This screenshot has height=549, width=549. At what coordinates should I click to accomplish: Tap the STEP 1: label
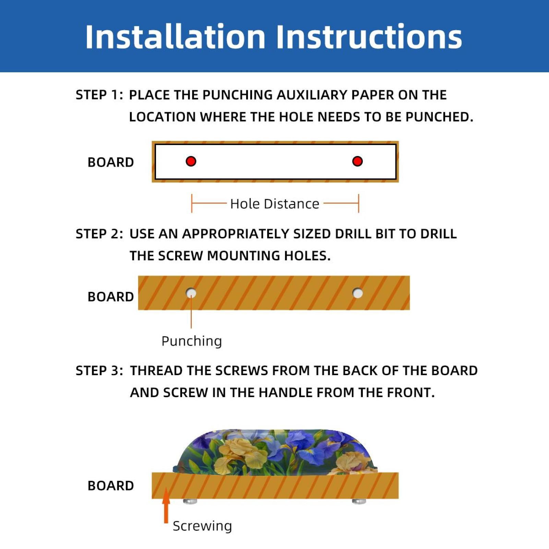99,95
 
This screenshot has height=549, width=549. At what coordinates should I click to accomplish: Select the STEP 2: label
99,234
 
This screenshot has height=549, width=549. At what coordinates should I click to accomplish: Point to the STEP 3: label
99,371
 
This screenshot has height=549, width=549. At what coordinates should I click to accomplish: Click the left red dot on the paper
191,161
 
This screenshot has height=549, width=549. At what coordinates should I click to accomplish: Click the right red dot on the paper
357,161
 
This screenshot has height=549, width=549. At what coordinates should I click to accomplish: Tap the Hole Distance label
275,204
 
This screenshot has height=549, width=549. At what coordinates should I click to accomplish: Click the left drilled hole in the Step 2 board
191,293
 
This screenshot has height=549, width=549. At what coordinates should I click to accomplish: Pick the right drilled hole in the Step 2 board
358,293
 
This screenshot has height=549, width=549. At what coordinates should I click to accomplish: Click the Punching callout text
192,342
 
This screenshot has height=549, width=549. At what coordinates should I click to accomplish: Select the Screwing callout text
202,526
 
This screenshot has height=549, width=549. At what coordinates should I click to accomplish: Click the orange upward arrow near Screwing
166,505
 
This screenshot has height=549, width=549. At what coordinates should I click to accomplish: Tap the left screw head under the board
190,501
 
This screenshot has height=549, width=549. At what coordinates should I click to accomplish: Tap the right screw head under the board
359,501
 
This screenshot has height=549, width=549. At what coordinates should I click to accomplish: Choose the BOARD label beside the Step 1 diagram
110,162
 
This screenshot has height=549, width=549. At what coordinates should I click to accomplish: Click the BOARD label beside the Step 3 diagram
110,486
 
